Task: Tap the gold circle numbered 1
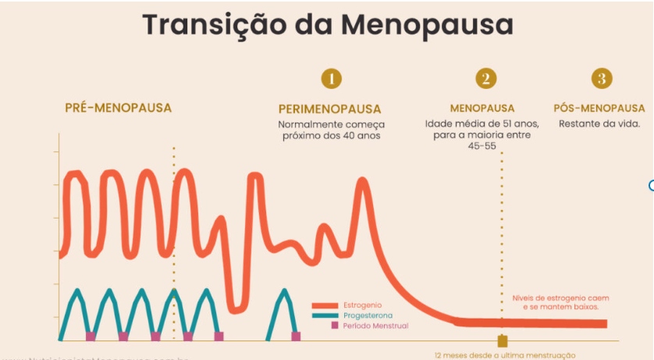click(331, 78)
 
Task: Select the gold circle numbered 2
click(485, 78)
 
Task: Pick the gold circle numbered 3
click(601, 78)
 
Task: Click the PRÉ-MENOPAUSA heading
click(118, 108)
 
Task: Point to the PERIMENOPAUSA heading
click(329, 109)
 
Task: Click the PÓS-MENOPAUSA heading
click(599, 109)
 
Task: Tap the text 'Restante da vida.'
click(599, 123)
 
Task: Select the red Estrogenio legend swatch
click(323, 305)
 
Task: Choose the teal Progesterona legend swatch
click(323, 315)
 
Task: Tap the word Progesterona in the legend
click(368, 315)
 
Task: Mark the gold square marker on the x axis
click(502, 341)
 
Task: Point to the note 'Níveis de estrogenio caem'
click(560, 298)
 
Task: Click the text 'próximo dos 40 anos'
click(331, 136)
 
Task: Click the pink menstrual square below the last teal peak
click(296, 337)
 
